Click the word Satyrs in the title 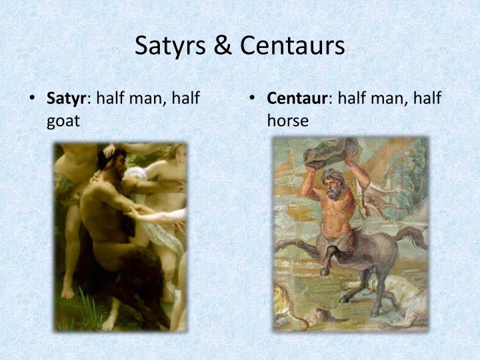(171, 45)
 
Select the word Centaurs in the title (293, 45)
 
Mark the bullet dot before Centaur (253, 100)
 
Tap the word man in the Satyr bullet (148, 99)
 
